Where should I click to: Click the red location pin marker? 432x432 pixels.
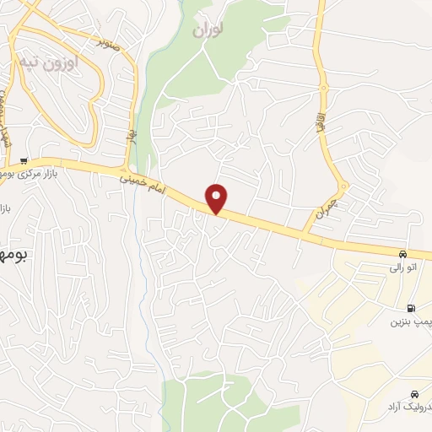(x=218, y=198)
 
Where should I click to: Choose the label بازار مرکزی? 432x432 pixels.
(x=52, y=173)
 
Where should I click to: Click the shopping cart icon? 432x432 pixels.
(x=24, y=161)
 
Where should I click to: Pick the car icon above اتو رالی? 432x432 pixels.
(x=402, y=255)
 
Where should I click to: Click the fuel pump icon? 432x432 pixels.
(x=410, y=309)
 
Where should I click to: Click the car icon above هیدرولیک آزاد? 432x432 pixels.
(x=414, y=394)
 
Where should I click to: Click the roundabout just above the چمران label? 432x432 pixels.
(x=343, y=186)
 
